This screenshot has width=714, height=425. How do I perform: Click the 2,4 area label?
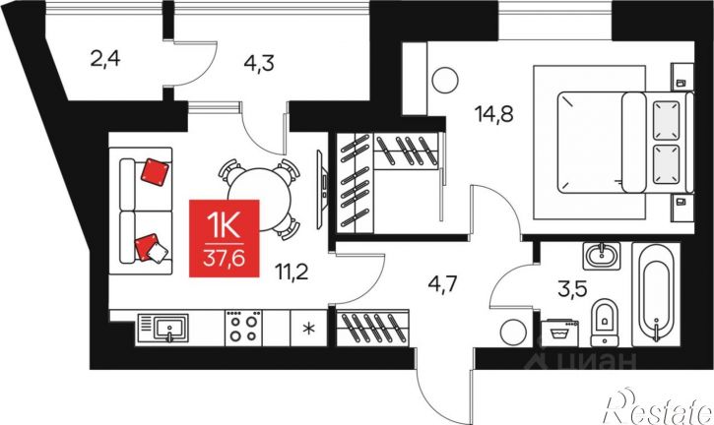105,59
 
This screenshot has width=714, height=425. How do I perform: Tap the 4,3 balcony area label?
259,63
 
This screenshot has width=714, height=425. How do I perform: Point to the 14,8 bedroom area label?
493,114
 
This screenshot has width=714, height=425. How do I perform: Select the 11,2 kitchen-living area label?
292,273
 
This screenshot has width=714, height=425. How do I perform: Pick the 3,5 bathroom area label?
572,289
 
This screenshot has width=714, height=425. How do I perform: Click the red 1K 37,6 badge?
224,238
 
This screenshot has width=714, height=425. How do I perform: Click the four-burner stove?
243,328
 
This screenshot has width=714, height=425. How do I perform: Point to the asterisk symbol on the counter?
308,329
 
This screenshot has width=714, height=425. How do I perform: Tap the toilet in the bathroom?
605,322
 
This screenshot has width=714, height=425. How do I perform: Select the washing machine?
559,334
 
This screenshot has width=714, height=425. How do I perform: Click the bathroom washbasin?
602,256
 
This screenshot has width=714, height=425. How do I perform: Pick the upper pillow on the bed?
666,120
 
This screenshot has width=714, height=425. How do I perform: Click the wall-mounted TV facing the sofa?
321,188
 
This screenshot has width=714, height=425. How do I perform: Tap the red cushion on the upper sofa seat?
155,172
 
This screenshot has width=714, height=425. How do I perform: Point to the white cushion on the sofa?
158,252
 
